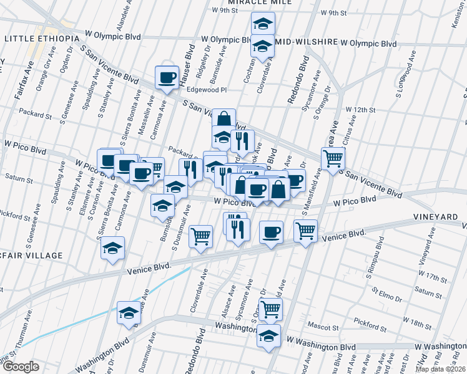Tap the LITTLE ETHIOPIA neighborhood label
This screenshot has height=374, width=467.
(42, 39)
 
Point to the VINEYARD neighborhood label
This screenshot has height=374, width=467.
(439, 216)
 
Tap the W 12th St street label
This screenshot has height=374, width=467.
(358, 110)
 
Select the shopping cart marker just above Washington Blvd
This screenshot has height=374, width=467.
(270, 308)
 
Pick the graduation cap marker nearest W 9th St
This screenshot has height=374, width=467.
(263, 24)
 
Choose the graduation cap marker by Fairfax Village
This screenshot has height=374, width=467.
(113, 247)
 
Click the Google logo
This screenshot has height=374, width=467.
(21, 367)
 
